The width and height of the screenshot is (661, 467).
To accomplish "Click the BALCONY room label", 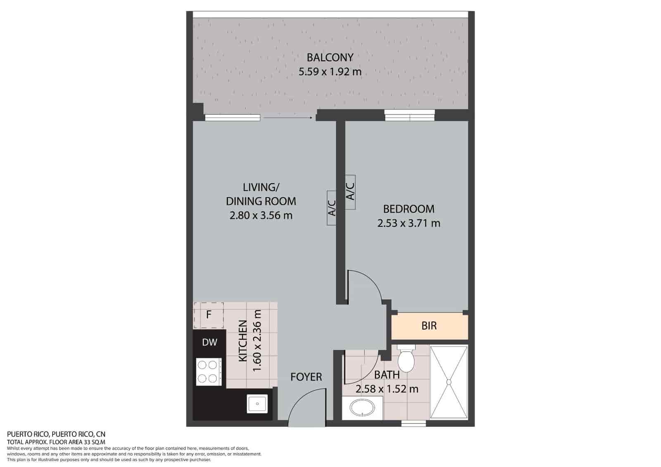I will pyautogui.click(x=330, y=57).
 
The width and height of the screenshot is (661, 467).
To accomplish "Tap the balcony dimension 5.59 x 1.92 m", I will pyautogui.click(x=330, y=72).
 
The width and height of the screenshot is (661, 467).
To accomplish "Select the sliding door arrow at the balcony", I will pyautogui.click(x=288, y=118).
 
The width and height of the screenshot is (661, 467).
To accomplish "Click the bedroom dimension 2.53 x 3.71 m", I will pyautogui.click(x=409, y=224).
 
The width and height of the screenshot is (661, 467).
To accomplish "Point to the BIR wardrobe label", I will pyautogui.click(x=429, y=326).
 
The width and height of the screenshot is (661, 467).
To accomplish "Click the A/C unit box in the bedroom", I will pyautogui.click(x=350, y=193).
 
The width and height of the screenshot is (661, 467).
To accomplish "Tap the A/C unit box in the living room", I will pyautogui.click(x=331, y=208).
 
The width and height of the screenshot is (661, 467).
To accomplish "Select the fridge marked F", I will pyautogui.click(x=209, y=315).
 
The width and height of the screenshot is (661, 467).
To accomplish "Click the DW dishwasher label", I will pyautogui.click(x=209, y=342).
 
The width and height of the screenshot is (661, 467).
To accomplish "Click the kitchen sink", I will pyautogui.click(x=257, y=404).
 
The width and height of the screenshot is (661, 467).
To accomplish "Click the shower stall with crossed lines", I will pyautogui.click(x=449, y=383).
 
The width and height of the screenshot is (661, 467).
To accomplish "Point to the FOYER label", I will pyautogui.click(x=306, y=377).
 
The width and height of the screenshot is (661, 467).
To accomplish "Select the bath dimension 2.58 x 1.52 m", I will pyautogui.click(x=387, y=389).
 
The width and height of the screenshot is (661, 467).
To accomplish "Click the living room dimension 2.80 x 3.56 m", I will pyautogui.click(x=261, y=216).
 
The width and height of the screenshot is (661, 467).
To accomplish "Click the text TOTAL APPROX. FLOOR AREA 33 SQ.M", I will pyautogui.click(x=56, y=442).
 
